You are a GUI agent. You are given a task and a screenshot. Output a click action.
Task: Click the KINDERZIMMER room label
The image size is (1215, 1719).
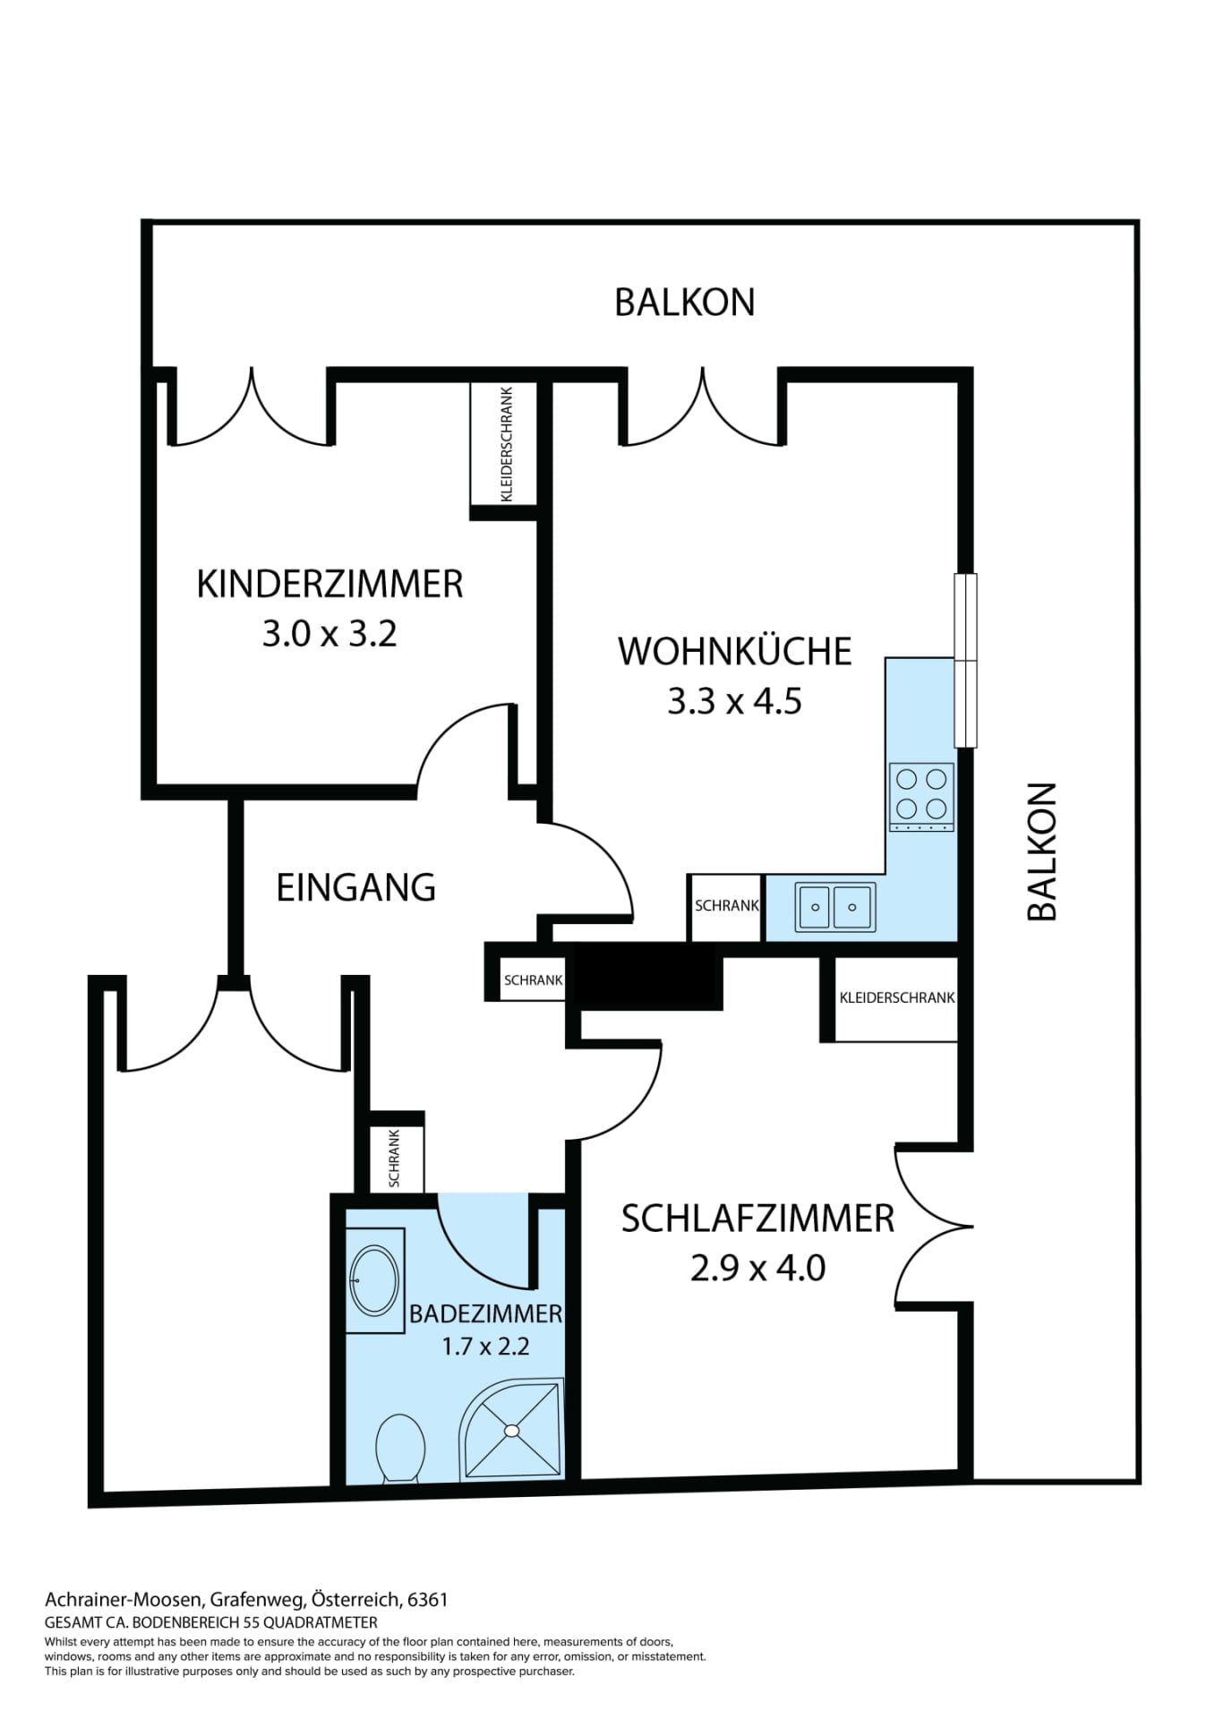[x=329, y=584]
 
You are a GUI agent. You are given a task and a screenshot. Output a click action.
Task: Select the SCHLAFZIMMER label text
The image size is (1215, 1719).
[x=757, y=1219]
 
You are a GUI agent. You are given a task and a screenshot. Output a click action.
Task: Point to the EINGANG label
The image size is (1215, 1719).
[x=355, y=887]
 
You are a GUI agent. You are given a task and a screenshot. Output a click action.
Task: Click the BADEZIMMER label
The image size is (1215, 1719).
[x=485, y=1313]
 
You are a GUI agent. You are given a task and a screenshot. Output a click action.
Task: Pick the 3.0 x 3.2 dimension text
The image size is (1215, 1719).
[x=329, y=634]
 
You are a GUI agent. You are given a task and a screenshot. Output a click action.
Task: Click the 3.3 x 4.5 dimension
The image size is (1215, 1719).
[x=734, y=701]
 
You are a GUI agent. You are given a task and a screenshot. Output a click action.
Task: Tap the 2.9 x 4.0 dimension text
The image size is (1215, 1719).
[x=757, y=1268]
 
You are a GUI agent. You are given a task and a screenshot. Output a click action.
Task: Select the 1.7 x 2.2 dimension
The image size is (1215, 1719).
[x=485, y=1346]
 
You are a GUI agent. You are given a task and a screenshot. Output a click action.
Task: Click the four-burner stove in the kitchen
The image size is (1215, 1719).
[x=921, y=797]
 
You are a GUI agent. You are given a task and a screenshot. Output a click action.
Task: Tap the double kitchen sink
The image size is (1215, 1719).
[x=834, y=907]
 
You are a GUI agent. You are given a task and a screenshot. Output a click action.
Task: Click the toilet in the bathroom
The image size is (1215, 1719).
[x=400, y=1448]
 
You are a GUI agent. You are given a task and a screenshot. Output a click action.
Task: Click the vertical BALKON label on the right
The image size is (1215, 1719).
[x=1042, y=851]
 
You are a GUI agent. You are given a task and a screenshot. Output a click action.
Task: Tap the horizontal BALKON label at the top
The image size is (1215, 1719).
[x=685, y=302]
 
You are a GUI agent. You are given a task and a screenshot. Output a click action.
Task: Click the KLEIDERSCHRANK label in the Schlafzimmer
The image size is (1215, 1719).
[x=897, y=997]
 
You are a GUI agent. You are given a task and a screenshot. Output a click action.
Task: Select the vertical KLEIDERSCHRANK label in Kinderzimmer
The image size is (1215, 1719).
[x=507, y=444]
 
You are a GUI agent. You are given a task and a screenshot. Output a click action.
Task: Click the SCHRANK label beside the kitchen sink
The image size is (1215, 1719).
[x=727, y=905]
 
